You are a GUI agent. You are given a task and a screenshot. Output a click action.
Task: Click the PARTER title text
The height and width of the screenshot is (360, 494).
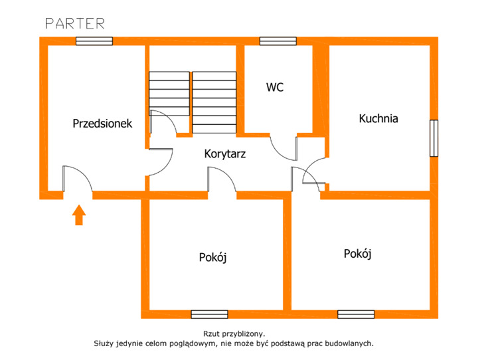(75, 24)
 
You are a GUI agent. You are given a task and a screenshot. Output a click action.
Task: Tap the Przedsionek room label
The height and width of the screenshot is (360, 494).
(102, 124)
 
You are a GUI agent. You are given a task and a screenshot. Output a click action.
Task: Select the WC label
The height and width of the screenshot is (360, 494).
(275, 87)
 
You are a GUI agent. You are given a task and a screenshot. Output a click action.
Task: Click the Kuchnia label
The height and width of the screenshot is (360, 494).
(378, 118)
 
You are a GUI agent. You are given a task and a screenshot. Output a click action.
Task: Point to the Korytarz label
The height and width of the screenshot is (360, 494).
(224, 154)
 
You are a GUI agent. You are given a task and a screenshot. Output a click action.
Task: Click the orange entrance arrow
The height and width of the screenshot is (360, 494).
(79, 215)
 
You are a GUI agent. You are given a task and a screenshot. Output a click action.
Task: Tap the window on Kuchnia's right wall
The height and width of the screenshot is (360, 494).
(434, 138)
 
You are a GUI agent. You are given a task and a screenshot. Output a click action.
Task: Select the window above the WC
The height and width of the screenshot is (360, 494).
(278, 41)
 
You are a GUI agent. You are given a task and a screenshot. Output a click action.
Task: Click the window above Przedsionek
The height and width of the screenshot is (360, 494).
(94, 41)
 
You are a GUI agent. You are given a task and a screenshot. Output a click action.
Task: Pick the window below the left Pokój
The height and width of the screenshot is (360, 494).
(210, 314)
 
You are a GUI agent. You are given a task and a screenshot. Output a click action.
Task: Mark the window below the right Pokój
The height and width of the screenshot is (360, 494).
(356, 314)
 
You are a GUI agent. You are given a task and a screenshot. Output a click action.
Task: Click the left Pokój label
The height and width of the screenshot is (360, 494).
(212, 258)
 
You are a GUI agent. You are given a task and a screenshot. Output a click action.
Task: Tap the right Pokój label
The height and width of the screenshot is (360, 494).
(357, 254)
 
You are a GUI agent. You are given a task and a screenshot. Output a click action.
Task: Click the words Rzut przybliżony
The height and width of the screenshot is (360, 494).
(234, 333)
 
